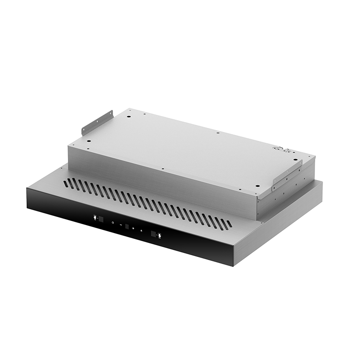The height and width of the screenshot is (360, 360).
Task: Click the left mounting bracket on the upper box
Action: point(97,122)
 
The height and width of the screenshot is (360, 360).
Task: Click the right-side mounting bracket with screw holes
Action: point(287,175)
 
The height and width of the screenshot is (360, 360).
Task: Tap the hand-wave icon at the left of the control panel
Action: point(94,217)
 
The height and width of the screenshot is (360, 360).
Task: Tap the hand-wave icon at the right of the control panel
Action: point(159,235)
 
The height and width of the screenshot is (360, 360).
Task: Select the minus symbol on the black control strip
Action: point(121,225)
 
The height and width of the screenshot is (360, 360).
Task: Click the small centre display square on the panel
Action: point(127,226)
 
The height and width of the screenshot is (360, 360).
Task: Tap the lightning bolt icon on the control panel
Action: point(133,228)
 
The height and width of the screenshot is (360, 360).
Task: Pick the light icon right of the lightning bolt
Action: point(141,230)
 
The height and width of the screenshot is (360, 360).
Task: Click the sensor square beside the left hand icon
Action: point(101,219)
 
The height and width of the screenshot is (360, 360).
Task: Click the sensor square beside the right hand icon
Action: point(153,234)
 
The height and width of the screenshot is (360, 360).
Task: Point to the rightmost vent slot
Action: point(229,223)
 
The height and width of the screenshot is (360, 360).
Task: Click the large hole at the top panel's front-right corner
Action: point(257,185)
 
